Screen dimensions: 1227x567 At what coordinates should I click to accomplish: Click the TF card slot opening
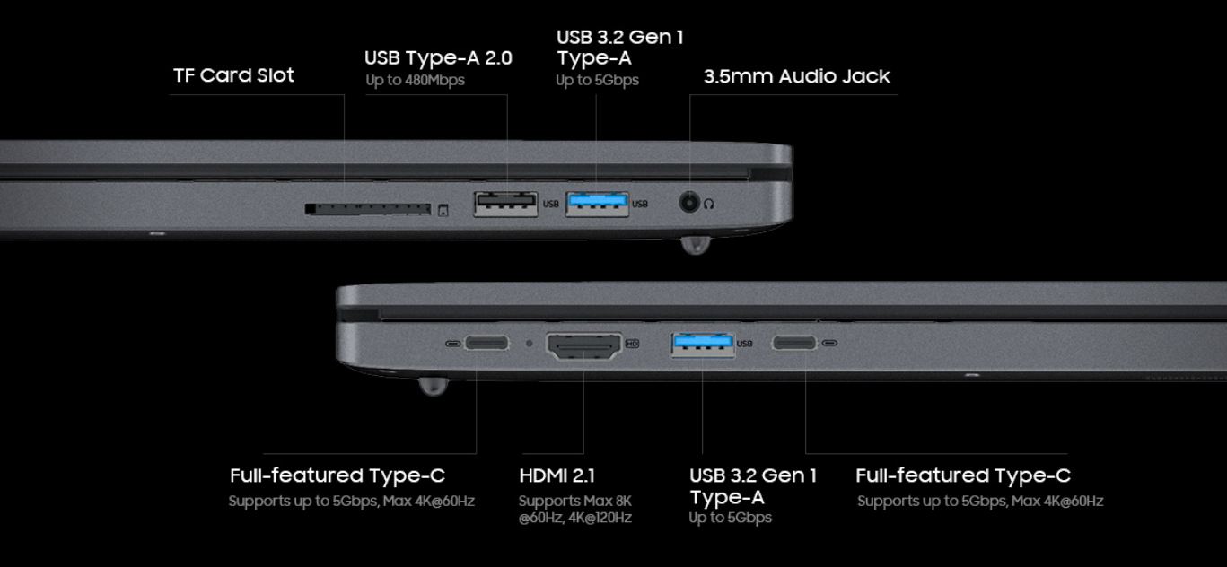tap(368, 209)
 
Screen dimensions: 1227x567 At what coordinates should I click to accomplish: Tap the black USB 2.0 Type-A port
tap(505, 205)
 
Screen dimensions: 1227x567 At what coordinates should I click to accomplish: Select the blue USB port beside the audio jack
tap(597, 205)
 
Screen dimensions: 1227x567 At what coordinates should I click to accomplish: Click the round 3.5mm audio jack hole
tap(689, 203)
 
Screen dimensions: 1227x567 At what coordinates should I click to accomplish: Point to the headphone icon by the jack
tap(709, 205)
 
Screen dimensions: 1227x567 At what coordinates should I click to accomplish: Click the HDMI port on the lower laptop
tap(584, 346)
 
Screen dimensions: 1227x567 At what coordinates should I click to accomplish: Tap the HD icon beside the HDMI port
tap(632, 344)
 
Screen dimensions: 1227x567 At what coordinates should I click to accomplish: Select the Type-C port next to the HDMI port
tap(487, 343)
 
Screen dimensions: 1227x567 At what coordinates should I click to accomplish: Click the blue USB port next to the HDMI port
tap(703, 345)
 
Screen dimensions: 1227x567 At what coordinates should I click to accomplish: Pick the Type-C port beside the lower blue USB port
tap(794, 343)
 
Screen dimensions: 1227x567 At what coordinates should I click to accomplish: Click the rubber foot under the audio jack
tap(695, 245)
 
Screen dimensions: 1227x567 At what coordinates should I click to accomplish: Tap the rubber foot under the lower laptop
tap(434, 386)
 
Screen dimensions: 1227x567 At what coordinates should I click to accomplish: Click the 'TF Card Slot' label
tap(234, 75)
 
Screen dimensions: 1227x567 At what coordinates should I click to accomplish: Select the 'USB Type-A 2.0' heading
tap(438, 58)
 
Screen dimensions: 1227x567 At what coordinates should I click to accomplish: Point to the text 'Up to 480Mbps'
tap(416, 81)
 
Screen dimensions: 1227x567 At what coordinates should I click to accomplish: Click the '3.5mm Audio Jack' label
tap(797, 76)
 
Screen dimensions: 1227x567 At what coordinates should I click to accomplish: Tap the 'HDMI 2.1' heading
tap(557, 475)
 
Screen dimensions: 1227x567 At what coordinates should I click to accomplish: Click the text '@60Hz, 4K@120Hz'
tap(575, 518)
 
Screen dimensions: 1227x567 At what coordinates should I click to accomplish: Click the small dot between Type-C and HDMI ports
tap(530, 343)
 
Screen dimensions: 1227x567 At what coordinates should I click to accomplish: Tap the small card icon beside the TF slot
tap(443, 210)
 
